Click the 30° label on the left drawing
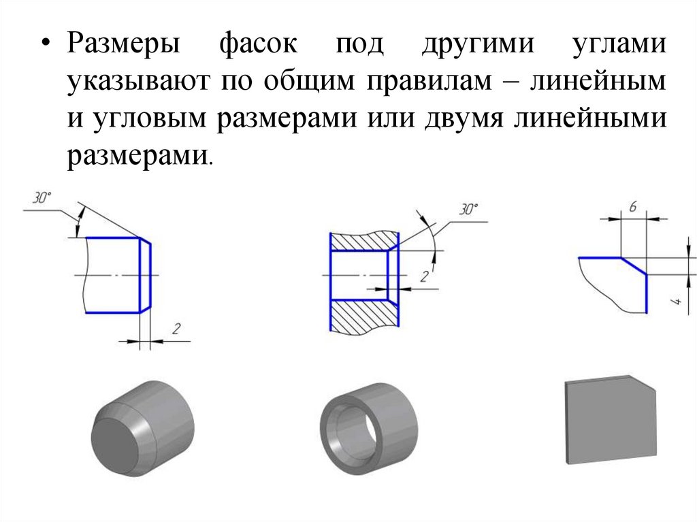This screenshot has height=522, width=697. (42, 199)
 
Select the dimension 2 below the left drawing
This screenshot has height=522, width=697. (176, 329)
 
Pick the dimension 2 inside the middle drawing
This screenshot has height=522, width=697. (423, 276)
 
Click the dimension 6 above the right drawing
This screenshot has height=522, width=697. (632, 208)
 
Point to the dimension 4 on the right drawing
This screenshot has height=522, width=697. (677, 302)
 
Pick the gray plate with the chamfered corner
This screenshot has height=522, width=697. (610, 420)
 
